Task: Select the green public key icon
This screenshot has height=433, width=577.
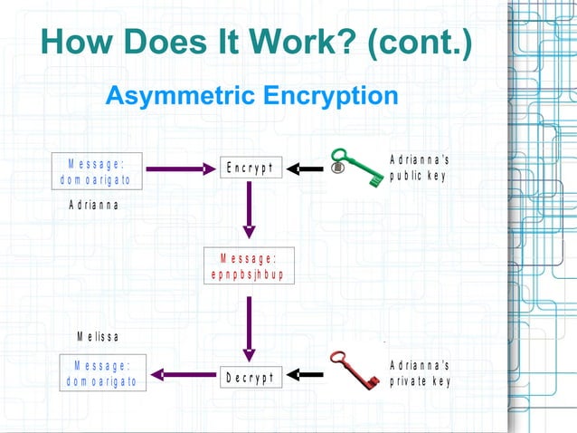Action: click(x=355, y=168)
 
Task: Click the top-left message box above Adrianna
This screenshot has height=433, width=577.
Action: click(x=97, y=170)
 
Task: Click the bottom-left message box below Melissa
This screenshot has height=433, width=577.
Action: click(x=101, y=373)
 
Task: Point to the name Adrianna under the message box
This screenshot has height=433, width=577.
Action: click(x=94, y=205)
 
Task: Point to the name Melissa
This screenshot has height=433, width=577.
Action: click(x=98, y=337)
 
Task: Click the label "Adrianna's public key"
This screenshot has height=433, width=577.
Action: click(x=419, y=168)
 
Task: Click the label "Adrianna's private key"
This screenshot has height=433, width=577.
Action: click(x=420, y=373)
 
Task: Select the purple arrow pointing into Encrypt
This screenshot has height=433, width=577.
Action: click(x=181, y=168)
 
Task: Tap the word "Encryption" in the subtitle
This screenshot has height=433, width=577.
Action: click(x=334, y=95)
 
